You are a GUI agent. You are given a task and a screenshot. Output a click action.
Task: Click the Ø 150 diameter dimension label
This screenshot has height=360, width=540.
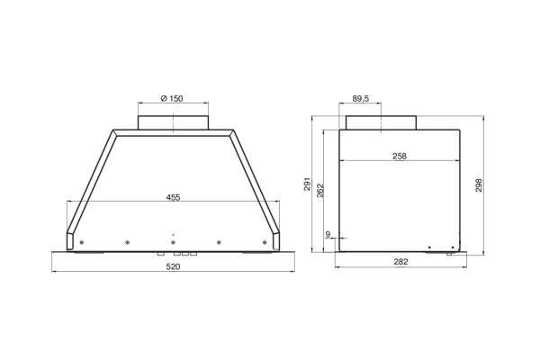click(x=172, y=98)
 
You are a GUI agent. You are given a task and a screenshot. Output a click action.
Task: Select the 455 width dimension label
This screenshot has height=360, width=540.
click(x=173, y=197)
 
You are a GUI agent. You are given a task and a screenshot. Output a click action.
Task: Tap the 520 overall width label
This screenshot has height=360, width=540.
click(x=173, y=266)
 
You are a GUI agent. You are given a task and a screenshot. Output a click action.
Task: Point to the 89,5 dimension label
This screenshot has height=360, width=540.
click(x=361, y=98)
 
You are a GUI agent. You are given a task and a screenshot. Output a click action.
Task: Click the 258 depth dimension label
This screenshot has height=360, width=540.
click(x=400, y=156)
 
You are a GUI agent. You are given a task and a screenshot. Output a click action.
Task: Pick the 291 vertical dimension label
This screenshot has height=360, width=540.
click(x=308, y=184)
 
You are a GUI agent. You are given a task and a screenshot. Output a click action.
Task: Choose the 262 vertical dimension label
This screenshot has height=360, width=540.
click(x=319, y=190)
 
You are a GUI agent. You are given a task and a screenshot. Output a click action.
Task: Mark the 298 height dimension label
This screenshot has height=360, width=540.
click(x=479, y=185)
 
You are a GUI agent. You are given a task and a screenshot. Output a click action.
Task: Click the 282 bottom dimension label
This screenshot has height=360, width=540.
click(x=400, y=262)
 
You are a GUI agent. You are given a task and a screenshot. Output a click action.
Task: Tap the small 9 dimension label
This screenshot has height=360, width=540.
click(x=328, y=234)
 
